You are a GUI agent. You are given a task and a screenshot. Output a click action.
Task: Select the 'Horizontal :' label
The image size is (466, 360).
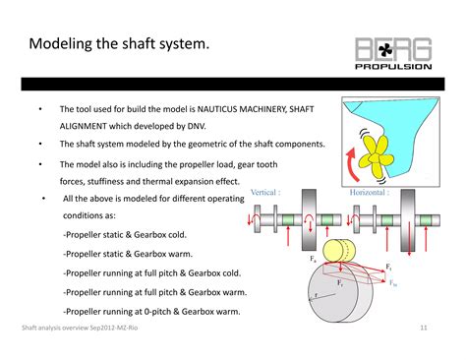[371, 193]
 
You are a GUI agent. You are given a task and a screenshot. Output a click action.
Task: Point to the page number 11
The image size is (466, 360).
[424, 328]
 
